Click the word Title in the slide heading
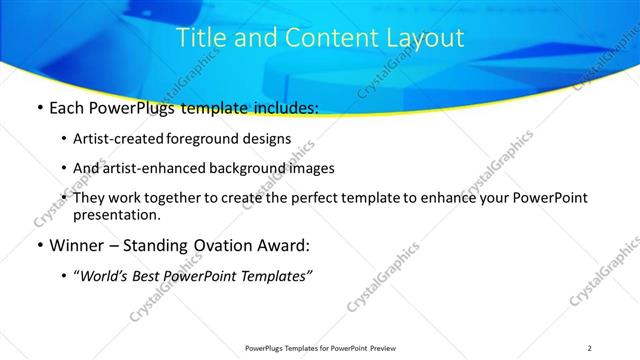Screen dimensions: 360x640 point(199,39)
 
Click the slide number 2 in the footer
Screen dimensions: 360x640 point(589,347)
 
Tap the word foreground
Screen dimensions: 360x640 point(208,139)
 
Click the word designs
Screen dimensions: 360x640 point(268,139)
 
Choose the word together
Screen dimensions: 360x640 point(182,198)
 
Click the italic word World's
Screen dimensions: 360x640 point(105,276)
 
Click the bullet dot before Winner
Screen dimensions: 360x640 point(38,246)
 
